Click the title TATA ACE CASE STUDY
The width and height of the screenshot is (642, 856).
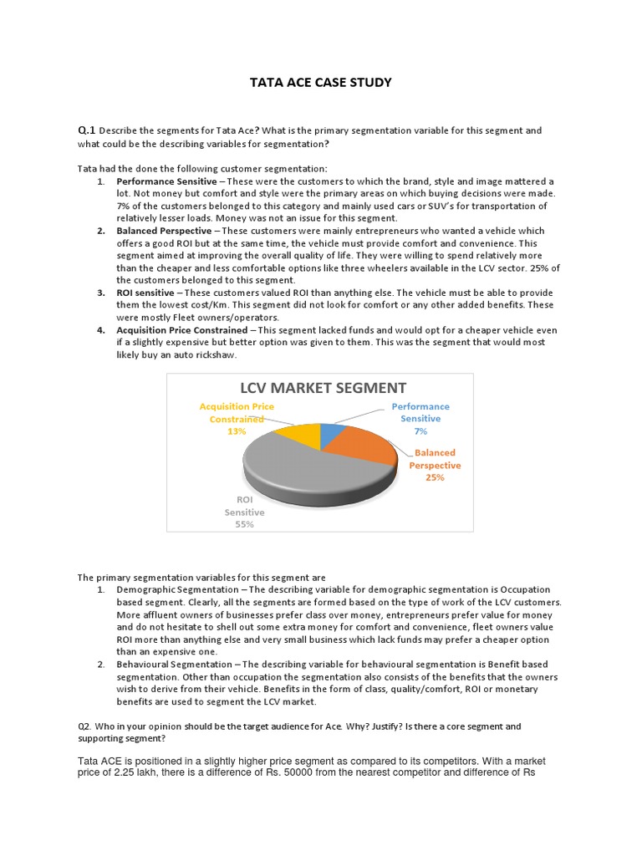coord(322,83)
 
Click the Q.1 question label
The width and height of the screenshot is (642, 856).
coord(87,130)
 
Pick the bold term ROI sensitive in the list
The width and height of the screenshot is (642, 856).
coord(146,293)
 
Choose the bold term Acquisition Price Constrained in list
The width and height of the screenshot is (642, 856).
coord(181,330)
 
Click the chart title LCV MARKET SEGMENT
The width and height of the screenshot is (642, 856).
coord(323,388)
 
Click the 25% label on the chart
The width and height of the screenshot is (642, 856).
coord(435,477)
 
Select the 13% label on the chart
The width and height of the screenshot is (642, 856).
coord(236,431)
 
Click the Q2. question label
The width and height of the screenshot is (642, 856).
coord(85,726)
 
